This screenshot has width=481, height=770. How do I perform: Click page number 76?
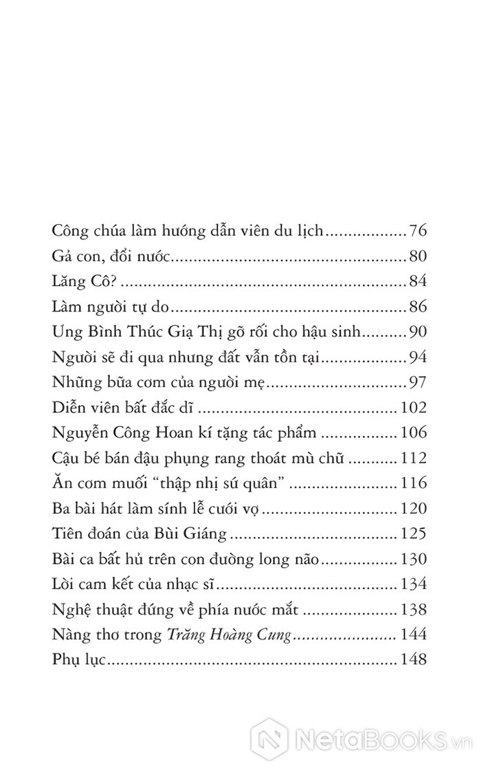click(x=418, y=230)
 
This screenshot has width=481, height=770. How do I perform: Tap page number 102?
click(x=414, y=408)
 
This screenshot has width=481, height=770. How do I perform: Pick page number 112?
click(x=414, y=458)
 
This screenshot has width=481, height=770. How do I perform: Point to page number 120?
click(x=414, y=509)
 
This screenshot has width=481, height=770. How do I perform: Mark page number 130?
click(x=414, y=559)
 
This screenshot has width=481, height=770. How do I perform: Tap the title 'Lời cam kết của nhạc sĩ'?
click(x=135, y=584)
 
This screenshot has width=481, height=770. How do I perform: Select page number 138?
click(x=414, y=609)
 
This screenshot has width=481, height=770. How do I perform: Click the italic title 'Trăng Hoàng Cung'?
click(x=231, y=635)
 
